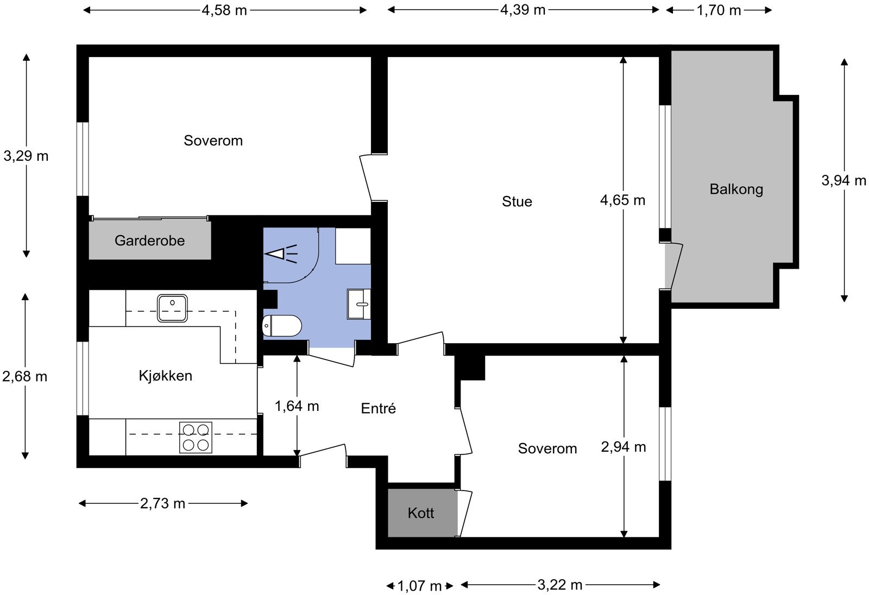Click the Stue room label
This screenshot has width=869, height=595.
click(517, 201)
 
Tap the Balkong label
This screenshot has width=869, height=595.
click(736, 189)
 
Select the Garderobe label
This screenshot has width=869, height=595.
click(149, 240)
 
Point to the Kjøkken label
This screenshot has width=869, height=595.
click(165, 376)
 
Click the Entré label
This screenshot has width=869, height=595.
click(378, 408)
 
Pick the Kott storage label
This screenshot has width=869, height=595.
click(420, 513)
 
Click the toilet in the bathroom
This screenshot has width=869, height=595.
click(282, 326)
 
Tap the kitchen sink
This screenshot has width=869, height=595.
click(172, 308)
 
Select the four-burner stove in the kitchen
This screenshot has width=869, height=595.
click(196, 438)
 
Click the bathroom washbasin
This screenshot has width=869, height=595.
click(359, 304)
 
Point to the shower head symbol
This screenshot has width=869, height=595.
click(281, 254)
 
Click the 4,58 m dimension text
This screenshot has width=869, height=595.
click(224, 10)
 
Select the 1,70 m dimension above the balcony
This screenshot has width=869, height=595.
click(719, 10)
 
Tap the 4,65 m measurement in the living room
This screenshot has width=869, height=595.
click(622, 200)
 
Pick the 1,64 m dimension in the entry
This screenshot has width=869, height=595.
click(297, 406)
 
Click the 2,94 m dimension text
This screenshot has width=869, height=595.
click(624, 447)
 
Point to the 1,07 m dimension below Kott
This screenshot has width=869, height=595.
click(420, 586)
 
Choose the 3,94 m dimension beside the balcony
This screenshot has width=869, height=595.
click(844, 180)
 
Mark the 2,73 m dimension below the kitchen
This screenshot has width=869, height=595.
click(162, 503)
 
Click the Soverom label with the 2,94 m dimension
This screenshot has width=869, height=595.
click(547, 448)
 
